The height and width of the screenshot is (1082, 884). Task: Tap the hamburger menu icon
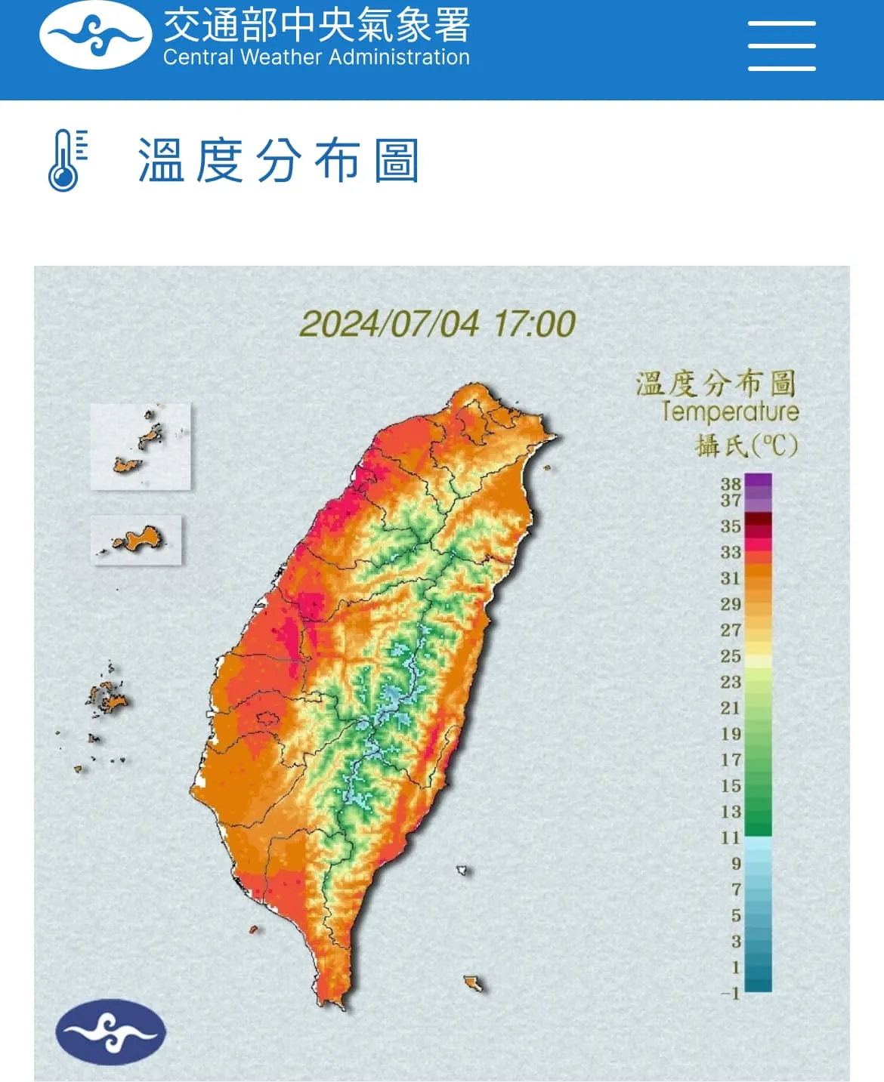[781, 46]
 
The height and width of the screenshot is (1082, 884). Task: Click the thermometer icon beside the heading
[66, 160]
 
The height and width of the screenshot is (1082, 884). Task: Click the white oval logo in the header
[95, 35]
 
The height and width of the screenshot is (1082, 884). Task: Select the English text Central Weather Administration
[316, 57]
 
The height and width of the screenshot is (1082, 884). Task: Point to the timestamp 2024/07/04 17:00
[437, 324]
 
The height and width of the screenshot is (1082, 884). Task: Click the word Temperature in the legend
[730, 412]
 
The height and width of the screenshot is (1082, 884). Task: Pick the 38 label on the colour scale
[731, 484]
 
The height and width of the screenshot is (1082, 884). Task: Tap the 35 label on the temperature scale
[731, 526]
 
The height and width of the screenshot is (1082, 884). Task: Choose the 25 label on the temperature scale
[731, 656]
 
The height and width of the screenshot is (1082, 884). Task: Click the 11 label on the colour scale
[731, 837]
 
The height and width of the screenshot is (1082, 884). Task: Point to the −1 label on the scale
[731, 993]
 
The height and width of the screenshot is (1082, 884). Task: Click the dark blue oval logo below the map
[110, 1032]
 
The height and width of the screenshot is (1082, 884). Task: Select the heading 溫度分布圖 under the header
[278, 161]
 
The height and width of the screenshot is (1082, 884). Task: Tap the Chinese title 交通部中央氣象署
[317, 26]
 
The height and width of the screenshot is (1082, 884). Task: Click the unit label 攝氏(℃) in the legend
[746, 445]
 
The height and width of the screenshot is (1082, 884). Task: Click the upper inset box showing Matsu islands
[141, 446]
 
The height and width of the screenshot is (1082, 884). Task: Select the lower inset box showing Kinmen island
[137, 539]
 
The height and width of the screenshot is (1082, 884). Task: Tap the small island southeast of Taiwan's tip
[474, 983]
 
